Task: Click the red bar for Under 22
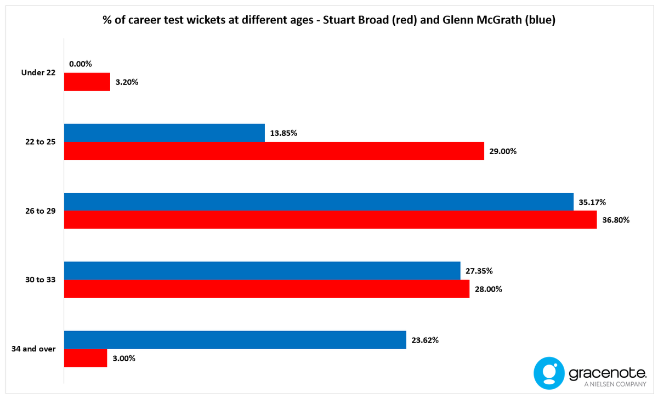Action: (x=87, y=82)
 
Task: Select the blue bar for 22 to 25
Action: (x=164, y=133)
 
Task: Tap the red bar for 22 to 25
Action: (x=274, y=151)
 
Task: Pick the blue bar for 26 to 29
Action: (x=319, y=202)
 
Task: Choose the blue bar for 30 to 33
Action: (x=262, y=271)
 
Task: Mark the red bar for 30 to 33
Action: (x=266, y=289)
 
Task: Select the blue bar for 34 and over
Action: (x=235, y=340)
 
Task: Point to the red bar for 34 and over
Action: (x=86, y=358)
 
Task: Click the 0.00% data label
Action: (x=81, y=64)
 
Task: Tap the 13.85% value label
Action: (x=283, y=133)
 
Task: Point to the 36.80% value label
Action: (x=616, y=220)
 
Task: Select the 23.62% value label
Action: (x=424, y=340)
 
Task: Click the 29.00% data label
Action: (x=502, y=151)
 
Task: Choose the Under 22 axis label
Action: (x=38, y=72)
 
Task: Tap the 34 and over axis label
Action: (x=33, y=349)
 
